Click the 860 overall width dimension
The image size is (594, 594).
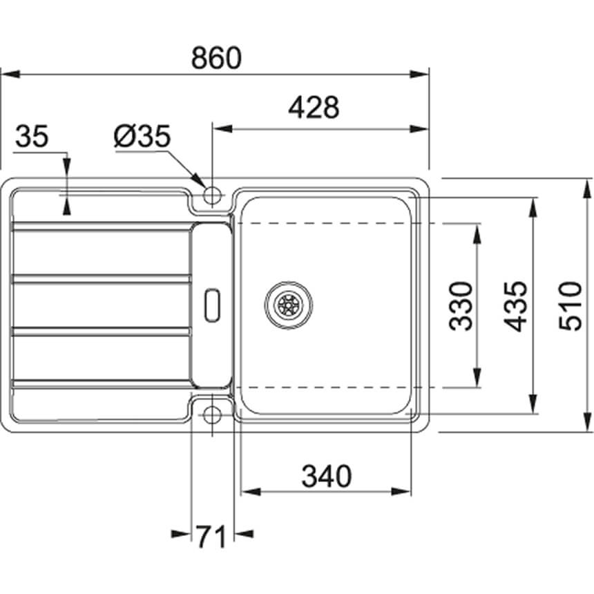[x=216, y=58]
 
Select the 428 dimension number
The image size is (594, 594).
[x=314, y=107]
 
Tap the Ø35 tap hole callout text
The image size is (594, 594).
[x=142, y=136]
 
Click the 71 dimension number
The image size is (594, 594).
[x=211, y=537]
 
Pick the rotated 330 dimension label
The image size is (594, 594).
[x=461, y=306]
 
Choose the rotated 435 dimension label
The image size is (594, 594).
[x=515, y=306]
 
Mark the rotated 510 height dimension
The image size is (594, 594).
[x=570, y=306]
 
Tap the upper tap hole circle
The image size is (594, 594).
[x=212, y=195]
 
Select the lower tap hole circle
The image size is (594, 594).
[x=212, y=415]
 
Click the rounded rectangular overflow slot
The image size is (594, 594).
[x=212, y=305]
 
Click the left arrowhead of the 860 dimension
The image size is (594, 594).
[x=10, y=74]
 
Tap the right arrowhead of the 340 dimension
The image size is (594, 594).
[x=401, y=492]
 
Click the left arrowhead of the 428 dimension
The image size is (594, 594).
[x=222, y=129]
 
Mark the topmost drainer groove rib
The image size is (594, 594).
[x=102, y=227]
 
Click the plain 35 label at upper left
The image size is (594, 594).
[x=32, y=136]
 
